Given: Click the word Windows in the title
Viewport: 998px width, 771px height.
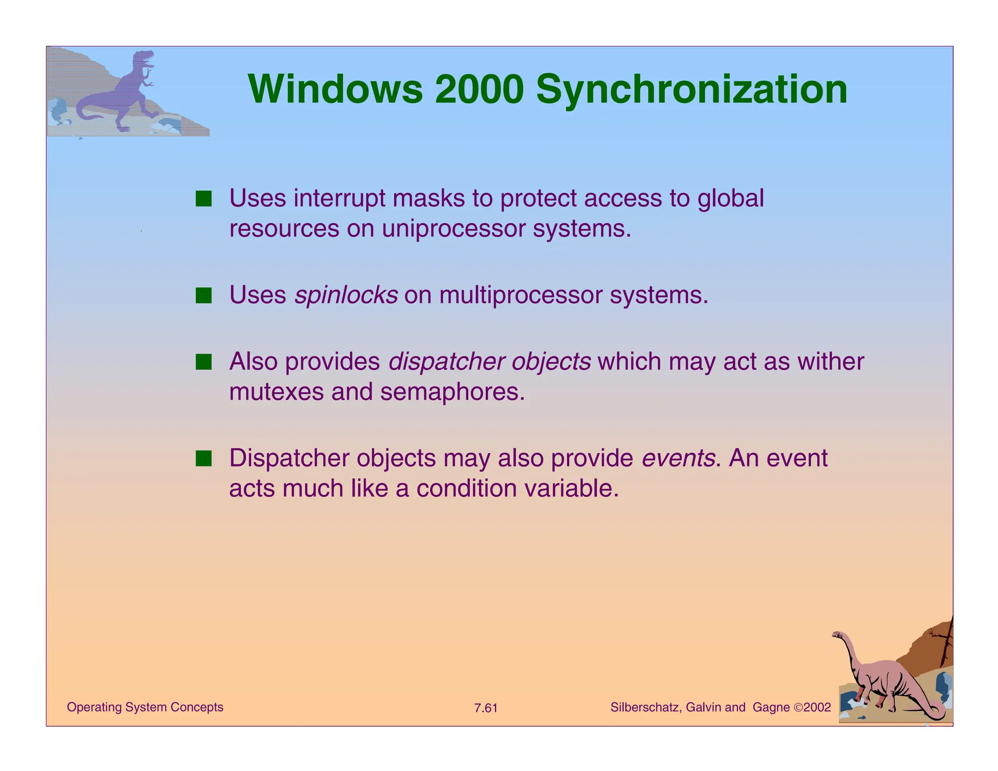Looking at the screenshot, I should click(335, 89).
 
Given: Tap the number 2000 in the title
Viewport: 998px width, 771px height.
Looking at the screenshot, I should click(479, 89).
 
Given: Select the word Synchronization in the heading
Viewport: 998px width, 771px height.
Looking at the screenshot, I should click(691, 90).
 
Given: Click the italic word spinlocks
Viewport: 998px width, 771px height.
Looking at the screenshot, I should click(346, 295).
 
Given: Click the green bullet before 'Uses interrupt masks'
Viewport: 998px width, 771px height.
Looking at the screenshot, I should click(204, 199).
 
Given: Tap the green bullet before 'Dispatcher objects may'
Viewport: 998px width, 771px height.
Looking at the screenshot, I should click(204, 459).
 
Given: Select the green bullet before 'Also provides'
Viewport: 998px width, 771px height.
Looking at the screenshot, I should click(204, 362).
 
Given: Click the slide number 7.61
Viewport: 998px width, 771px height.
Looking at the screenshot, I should click(486, 708).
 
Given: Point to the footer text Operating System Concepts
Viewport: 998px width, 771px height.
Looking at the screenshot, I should click(145, 707).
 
